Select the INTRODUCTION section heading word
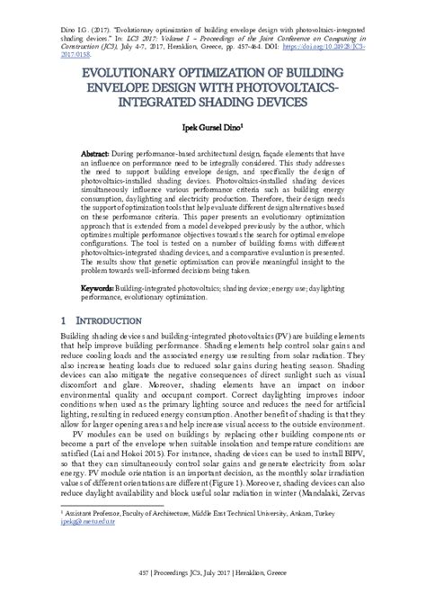[x=106, y=320]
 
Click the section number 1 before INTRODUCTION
[x=60, y=320]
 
